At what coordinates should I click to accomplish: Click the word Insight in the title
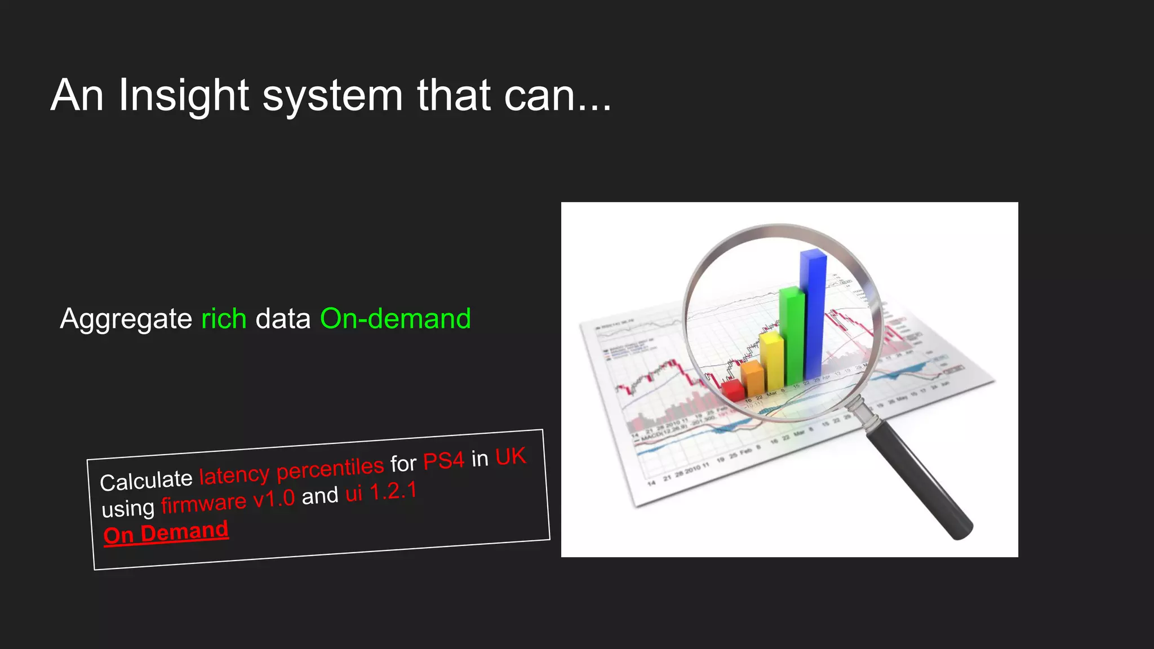183,96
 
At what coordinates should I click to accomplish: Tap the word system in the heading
332,97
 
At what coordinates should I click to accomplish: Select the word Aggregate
126,319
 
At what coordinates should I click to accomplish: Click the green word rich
224,319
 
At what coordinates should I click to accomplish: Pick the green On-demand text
395,319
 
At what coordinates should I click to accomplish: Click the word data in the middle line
283,319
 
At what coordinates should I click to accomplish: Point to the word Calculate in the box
146,481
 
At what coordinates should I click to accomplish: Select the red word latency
234,475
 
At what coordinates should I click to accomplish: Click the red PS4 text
443,461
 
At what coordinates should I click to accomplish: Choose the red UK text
511,456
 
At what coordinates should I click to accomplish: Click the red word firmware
203,503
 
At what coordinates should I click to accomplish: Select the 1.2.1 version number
393,491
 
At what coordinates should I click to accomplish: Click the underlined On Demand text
166,532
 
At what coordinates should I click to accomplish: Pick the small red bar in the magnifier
733,390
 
